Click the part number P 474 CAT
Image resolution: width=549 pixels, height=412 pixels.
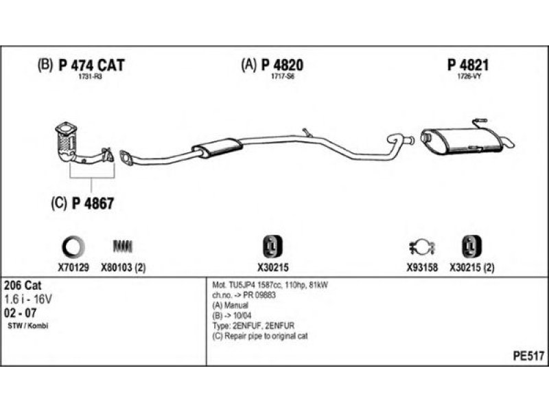coord(91,65)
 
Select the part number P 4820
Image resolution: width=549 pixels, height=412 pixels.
coord(281,65)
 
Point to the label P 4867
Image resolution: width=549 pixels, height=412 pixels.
coord(91,203)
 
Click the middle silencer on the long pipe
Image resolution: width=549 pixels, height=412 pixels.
coord(217,148)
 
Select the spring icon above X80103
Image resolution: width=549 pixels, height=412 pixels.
coord(123,246)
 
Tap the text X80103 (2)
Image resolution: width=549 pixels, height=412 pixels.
coord(124,268)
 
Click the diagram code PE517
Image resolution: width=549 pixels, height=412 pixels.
coord(528,357)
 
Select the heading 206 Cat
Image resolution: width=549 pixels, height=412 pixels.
coord(21,285)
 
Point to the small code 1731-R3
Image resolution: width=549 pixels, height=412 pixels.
coord(90,76)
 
